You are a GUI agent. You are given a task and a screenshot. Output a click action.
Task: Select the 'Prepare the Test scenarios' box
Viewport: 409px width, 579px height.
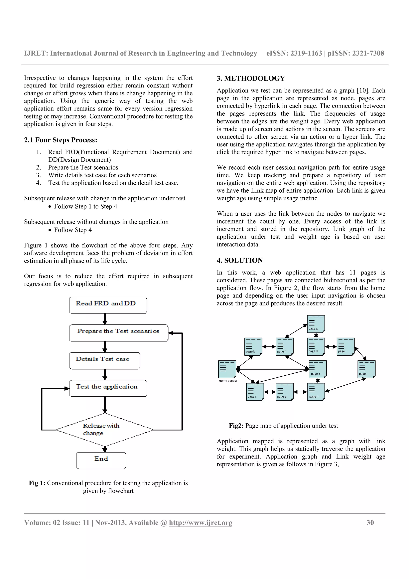pos(119,333)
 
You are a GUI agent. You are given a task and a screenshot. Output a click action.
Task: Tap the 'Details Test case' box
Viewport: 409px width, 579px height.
pos(105,361)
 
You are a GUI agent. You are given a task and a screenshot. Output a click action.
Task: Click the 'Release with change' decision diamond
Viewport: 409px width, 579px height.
pos(105,430)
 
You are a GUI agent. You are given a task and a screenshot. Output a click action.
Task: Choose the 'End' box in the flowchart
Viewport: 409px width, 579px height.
pos(101,461)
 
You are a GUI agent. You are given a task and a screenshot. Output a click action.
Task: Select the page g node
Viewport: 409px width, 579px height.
pos(316,324)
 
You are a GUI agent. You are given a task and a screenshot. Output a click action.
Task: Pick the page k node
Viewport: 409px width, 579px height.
pos(318,369)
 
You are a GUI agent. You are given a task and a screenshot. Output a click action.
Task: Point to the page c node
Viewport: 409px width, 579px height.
pos(255,392)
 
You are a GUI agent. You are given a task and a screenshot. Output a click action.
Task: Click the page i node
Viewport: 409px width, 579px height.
pos(345,346)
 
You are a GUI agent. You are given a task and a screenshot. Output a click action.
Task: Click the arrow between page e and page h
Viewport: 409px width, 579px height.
pos(300,392)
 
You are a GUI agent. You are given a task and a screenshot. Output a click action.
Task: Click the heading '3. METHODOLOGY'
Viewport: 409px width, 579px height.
pos(251,79)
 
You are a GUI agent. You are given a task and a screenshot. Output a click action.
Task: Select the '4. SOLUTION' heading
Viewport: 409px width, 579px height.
pos(240,261)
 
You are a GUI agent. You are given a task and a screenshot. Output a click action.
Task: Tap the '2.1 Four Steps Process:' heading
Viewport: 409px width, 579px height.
pos(61,140)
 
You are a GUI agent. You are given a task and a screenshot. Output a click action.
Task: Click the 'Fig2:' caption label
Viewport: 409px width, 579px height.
pos(236,426)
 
